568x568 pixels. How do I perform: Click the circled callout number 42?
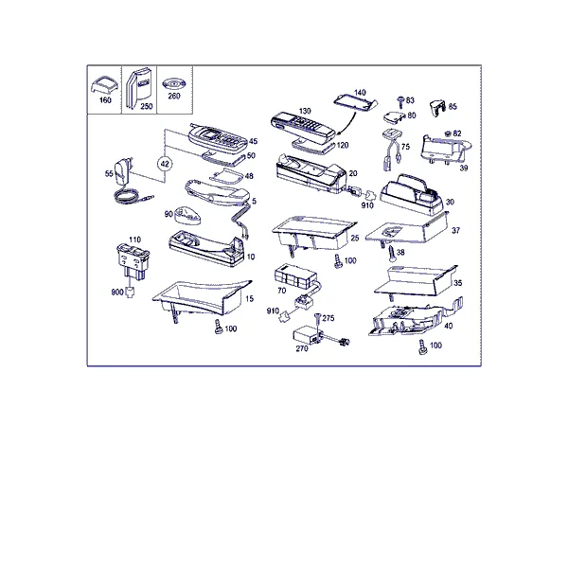(165, 164)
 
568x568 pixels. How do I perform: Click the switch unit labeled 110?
(133, 261)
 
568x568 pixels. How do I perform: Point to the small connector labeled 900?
(130, 292)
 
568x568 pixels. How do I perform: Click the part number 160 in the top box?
(105, 100)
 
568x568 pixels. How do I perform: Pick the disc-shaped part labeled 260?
(174, 84)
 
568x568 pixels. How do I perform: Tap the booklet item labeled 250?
(138, 88)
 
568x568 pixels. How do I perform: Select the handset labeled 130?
(303, 128)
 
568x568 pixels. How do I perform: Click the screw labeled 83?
(400, 102)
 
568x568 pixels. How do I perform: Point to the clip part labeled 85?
(437, 108)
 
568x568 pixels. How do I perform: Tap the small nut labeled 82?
(448, 133)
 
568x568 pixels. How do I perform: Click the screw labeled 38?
(392, 253)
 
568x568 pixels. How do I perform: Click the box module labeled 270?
(307, 336)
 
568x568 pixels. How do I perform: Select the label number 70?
(281, 291)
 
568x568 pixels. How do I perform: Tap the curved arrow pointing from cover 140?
(348, 124)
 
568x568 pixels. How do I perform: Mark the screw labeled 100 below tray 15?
(219, 327)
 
